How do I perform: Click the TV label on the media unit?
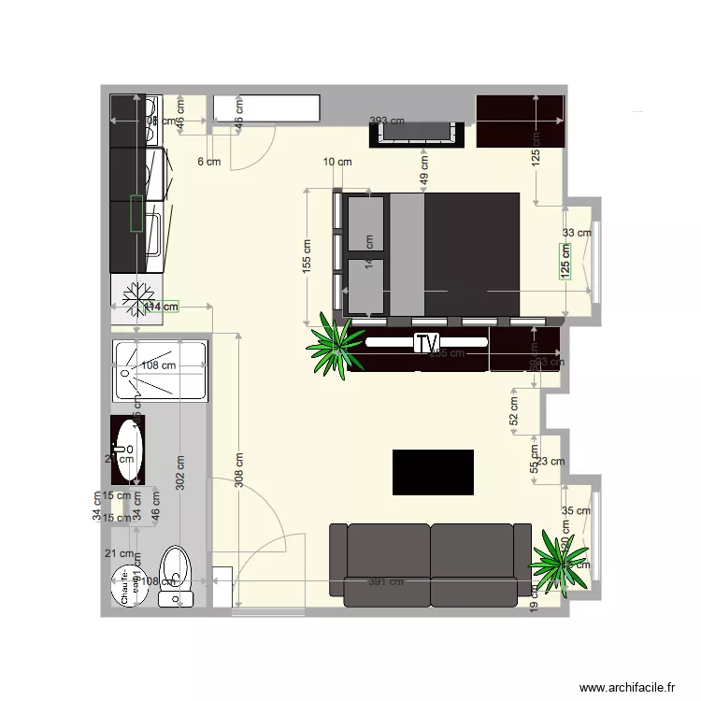click(427, 343)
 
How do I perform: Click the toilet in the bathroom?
click(174, 573)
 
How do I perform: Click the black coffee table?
click(433, 472)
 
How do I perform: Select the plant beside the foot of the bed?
click(337, 343)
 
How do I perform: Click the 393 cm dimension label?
click(387, 121)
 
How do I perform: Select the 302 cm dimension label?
click(180, 472)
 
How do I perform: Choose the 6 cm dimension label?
click(208, 162)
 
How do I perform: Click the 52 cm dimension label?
click(513, 411)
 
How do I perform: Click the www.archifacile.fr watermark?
click(627, 686)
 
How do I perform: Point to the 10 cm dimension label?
click(337, 162)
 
